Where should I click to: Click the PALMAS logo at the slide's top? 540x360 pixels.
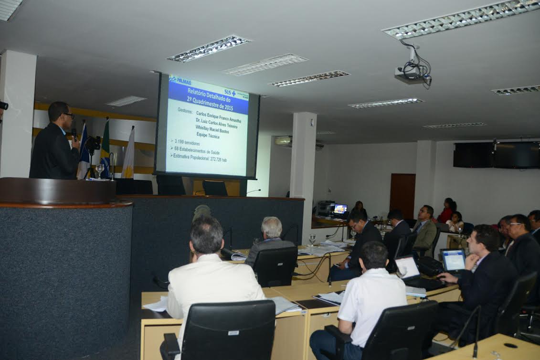click(180, 80)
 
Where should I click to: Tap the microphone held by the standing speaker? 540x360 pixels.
click(74, 133)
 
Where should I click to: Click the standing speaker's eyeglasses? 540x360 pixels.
click(69, 115)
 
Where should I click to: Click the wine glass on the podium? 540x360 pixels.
click(100, 169)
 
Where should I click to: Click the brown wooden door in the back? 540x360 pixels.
click(402, 195)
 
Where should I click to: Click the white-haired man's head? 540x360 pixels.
click(272, 228)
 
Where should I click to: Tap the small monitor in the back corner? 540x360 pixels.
click(340, 209)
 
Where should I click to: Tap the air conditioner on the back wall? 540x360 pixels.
click(283, 140)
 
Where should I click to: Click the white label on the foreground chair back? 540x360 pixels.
click(233, 333)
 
